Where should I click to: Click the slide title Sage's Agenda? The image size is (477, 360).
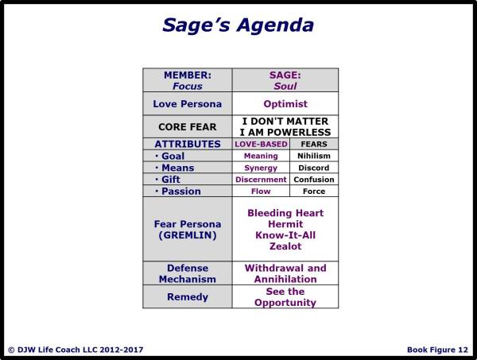238,25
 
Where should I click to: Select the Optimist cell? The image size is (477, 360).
285,103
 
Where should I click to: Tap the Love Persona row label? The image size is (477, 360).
188,103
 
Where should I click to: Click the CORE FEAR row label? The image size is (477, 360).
188,126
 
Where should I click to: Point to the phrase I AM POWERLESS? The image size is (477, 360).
285,132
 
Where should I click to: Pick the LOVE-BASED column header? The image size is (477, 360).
261,144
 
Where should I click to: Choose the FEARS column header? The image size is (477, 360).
312,144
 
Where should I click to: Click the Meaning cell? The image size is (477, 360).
261,156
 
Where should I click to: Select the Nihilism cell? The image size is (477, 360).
312,156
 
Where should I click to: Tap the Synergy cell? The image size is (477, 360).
261,168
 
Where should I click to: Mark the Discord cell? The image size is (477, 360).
312,168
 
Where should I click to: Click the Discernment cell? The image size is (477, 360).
261,180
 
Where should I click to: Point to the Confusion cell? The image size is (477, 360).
312,180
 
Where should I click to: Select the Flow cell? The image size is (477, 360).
261,192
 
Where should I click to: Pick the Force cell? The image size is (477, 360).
312,192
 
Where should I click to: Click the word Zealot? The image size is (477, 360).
285,247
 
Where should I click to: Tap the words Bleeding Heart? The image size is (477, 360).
285,214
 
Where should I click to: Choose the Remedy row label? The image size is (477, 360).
188,296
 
